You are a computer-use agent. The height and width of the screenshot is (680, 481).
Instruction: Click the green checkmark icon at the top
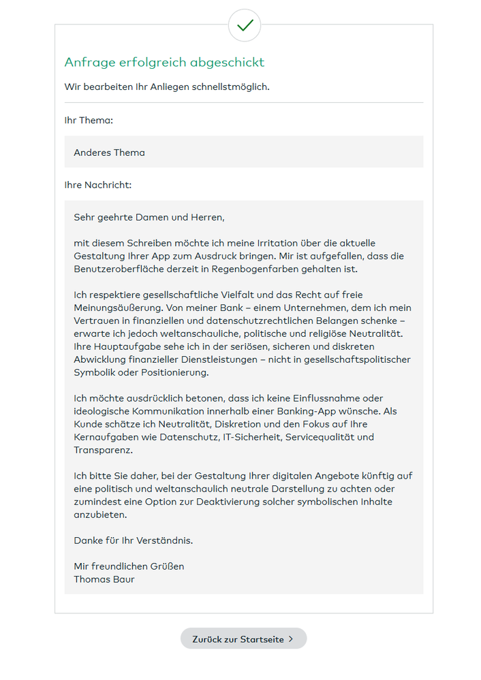(245, 26)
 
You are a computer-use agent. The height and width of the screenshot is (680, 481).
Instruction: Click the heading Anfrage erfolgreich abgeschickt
(164, 63)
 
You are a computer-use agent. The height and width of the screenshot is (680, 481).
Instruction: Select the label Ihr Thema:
(89, 120)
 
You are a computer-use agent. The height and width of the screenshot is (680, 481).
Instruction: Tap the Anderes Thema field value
(109, 152)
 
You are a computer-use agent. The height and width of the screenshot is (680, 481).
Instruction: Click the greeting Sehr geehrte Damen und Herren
(149, 217)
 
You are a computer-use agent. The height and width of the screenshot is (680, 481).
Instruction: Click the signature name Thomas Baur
(104, 579)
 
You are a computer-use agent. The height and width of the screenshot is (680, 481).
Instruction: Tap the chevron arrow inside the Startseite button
(291, 639)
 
